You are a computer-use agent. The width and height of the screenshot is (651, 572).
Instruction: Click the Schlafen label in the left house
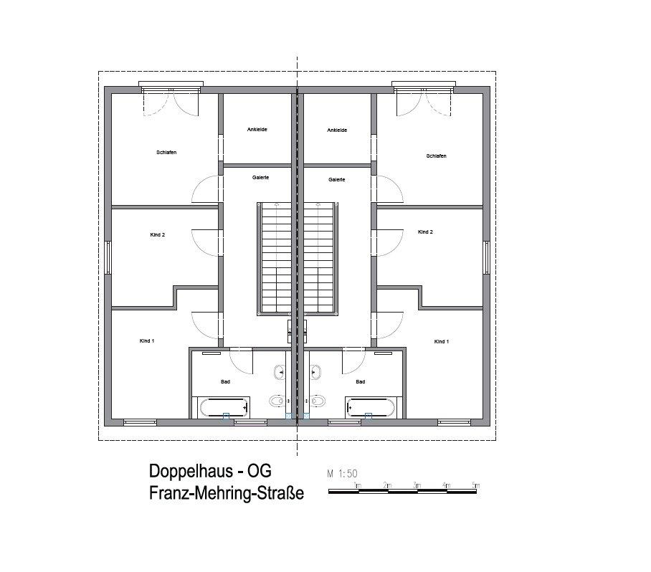166,153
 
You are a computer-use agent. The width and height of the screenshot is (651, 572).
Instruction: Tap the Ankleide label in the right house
337,130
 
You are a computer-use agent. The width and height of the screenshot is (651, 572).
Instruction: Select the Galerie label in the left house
261,177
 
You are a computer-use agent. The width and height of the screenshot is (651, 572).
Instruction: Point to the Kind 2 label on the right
426,232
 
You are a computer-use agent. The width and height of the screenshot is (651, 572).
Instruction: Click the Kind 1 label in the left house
147,340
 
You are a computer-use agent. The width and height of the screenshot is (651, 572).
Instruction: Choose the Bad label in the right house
361,381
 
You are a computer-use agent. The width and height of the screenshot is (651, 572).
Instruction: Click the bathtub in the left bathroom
224,407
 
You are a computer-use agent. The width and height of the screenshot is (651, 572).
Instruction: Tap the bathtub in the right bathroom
371,407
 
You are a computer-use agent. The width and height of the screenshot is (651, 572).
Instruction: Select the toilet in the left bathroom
277,401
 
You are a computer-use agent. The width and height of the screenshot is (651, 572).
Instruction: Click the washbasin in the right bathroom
315,372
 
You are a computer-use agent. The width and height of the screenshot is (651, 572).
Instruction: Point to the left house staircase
276,259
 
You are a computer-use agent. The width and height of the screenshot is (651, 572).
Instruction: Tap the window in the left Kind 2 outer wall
108,257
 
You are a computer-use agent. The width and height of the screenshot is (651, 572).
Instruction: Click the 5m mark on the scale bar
476,485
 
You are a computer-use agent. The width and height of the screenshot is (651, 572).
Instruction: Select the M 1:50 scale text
342,473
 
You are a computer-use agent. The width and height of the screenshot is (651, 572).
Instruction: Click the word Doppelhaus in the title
191,471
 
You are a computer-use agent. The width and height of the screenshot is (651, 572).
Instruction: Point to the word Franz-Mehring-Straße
227,493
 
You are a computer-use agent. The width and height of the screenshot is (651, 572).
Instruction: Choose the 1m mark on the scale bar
358,485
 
